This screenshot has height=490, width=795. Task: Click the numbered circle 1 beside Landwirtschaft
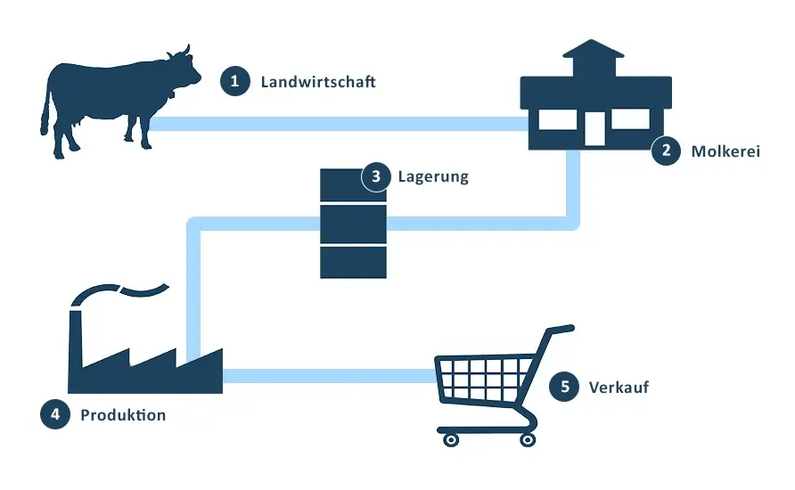[x=234, y=82]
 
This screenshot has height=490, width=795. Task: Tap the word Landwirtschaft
[x=318, y=82]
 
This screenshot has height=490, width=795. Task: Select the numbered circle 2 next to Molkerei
[x=666, y=151]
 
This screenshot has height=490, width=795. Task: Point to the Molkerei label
[x=725, y=151]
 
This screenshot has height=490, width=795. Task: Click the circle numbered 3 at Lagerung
[x=376, y=176]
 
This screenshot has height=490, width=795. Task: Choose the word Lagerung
[x=433, y=176]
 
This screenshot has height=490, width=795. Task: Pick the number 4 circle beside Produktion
[x=55, y=414]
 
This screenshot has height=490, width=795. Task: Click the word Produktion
[x=123, y=415]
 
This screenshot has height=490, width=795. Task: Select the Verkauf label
[x=618, y=388]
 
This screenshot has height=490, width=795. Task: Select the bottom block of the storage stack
[x=353, y=262]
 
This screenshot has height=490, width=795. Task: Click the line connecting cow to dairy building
[x=339, y=124]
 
